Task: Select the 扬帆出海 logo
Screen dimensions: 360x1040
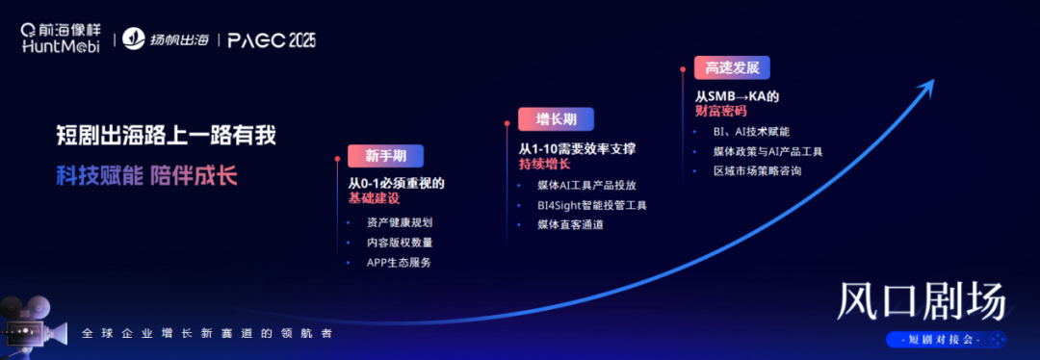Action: tap(169, 39)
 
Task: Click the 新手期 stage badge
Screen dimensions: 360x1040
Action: tap(385, 156)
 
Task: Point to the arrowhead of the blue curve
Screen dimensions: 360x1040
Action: tap(928, 84)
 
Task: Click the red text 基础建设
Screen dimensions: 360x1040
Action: tap(376, 198)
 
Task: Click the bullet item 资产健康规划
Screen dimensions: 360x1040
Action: tap(399, 222)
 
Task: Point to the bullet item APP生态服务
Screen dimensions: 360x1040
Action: tap(399, 263)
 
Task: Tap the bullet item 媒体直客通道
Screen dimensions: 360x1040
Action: tap(570, 225)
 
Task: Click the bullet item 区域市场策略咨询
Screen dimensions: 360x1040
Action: tap(756, 171)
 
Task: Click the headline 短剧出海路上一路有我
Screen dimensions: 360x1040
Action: tap(167, 136)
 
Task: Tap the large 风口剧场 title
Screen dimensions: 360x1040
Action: tap(922, 303)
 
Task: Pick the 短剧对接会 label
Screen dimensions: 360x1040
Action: tap(943, 340)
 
